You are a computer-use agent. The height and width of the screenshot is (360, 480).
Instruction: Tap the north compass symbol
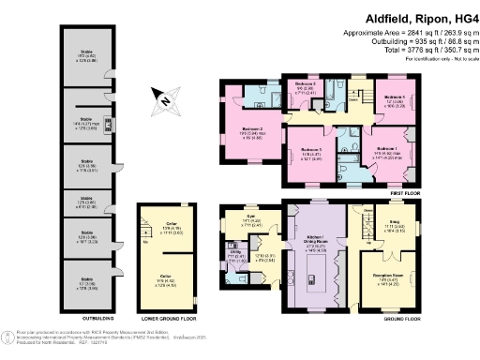coord(165,98)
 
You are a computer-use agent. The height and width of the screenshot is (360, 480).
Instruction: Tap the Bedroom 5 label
coord(306,151)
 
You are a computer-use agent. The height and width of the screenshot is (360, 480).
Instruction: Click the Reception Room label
coord(385,251)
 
